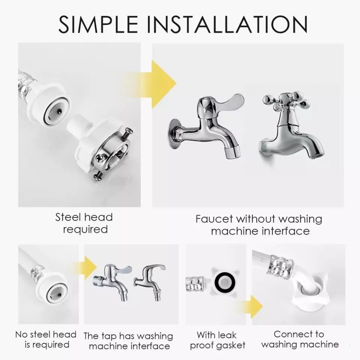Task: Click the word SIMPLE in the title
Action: (98, 24)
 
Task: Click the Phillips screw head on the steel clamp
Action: (101, 158)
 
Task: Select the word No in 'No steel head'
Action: (22, 334)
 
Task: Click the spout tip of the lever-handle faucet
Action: (232, 153)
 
